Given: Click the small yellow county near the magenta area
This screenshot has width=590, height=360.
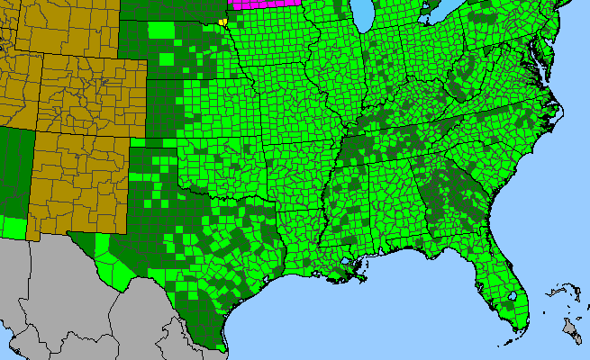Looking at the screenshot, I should [x=222, y=21].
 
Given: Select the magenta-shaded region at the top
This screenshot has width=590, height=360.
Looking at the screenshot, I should [x=267, y=4].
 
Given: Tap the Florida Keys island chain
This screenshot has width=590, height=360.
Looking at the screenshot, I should [x=504, y=346].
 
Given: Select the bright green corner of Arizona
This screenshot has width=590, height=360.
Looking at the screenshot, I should [x=14, y=228].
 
